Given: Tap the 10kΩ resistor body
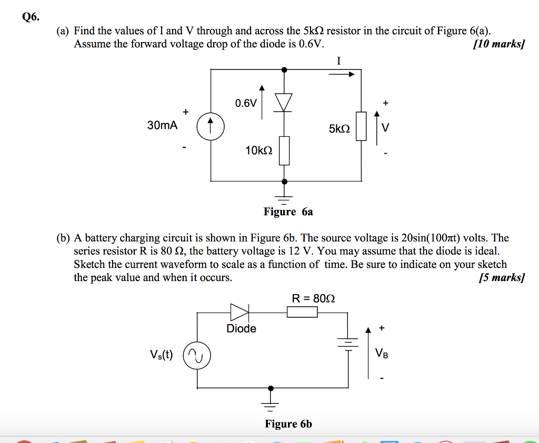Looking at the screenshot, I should (x=284, y=150).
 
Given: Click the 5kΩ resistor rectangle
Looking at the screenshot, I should (x=361, y=126).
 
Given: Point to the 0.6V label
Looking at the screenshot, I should (x=246, y=103).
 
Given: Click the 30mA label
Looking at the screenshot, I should (x=162, y=125).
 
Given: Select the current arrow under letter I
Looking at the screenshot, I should (x=342, y=74).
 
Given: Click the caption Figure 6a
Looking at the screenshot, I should (x=288, y=212).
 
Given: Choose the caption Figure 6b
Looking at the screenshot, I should (x=288, y=424).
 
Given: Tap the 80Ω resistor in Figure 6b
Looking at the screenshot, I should (x=302, y=313).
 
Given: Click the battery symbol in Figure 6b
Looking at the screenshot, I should (x=347, y=343).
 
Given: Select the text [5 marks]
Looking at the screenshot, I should (x=501, y=278).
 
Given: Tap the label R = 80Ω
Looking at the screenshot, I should (x=313, y=298).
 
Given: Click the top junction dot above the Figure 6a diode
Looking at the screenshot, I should (x=284, y=69).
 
